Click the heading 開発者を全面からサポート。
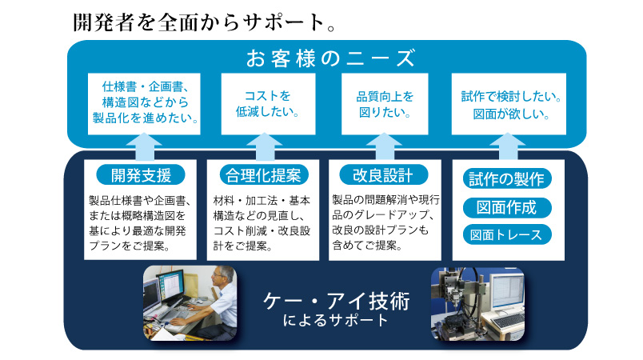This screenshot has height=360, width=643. [x=204, y=22]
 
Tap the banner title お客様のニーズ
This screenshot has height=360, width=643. [x=330, y=58]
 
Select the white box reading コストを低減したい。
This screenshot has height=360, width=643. [x=268, y=104]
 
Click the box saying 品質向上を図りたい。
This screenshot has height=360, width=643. [x=385, y=104]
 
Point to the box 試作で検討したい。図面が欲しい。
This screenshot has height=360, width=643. [x=509, y=104]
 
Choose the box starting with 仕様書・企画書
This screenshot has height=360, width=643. [x=144, y=104]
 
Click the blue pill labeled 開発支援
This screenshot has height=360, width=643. [x=141, y=175]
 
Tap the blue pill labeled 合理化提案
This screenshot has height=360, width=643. [x=263, y=175]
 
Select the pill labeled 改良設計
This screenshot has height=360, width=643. [x=383, y=175]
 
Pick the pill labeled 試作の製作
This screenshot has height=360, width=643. [x=507, y=178]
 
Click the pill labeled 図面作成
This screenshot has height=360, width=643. [x=507, y=207]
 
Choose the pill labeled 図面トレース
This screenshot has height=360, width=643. [x=507, y=234]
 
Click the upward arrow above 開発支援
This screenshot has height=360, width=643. [x=144, y=146]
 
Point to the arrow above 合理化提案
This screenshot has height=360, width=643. [x=265, y=146]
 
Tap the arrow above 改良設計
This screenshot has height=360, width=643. [x=384, y=146]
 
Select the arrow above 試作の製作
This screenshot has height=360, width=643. [x=508, y=146]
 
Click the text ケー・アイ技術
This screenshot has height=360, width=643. [x=336, y=302]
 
